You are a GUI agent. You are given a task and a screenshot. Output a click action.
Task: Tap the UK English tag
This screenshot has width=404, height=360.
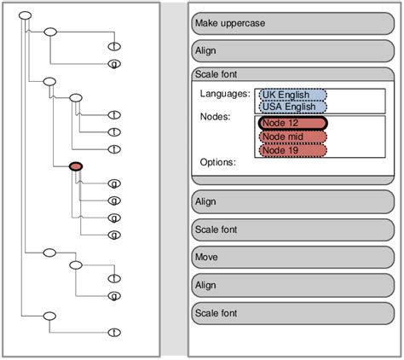(x=292, y=95)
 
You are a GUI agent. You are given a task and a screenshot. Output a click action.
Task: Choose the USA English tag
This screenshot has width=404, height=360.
(x=292, y=107)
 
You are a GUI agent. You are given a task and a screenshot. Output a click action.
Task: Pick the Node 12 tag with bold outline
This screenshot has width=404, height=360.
(x=292, y=124)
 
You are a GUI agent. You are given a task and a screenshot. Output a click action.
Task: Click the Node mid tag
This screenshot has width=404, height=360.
(x=292, y=137)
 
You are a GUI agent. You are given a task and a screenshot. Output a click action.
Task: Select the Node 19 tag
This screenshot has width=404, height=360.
(x=292, y=150)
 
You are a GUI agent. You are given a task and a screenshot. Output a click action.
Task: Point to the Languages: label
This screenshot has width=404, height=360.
(x=225, y=93)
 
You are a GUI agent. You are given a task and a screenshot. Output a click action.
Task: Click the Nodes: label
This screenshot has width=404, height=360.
(x=216, y=116)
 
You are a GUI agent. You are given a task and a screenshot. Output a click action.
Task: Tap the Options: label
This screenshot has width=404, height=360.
(x=218, y=161)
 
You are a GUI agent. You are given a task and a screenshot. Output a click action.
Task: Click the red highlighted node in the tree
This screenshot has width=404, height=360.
(x=75, y=166)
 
